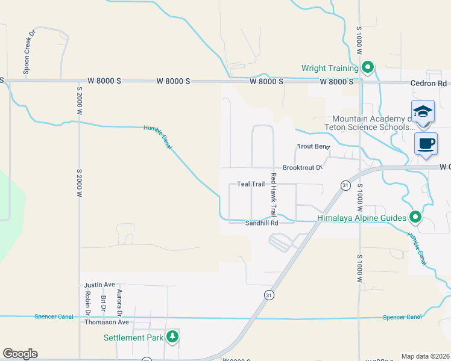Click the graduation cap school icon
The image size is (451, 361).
423,112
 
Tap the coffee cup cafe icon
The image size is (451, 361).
426,144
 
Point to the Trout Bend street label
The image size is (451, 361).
313,147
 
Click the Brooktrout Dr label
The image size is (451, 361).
303,168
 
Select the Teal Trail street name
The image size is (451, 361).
251,184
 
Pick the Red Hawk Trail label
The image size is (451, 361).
273,195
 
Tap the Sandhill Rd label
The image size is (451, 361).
261,223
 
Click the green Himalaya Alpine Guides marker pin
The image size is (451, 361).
415,217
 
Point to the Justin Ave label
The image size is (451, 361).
99,285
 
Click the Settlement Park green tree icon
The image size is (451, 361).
173,337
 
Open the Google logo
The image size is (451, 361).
20,354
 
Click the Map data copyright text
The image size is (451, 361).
425,356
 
